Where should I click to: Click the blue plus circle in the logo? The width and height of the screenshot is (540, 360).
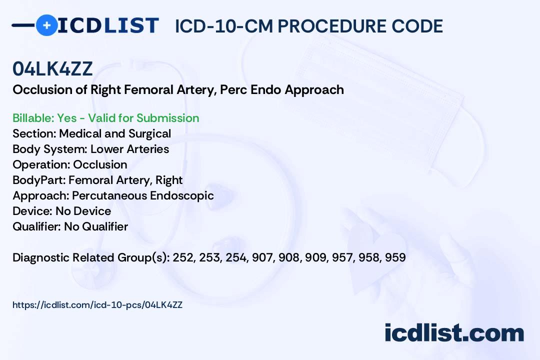[47, 25]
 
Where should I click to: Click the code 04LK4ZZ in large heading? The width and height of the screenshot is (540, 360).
[52, 69]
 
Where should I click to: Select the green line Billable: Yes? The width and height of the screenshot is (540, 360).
[106, 118]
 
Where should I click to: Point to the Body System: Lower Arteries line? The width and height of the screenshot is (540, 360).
[90, 149]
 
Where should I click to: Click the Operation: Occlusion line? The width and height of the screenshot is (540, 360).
[70, 164]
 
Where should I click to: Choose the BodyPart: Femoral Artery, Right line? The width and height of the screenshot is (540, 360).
[97, 180]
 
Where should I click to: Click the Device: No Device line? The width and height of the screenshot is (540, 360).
[61, 211]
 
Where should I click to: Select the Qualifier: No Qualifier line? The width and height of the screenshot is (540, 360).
[70, 226]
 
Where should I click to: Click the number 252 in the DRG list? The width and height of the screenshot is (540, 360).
[182, 258]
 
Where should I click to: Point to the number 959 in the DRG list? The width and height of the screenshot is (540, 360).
[395, 258]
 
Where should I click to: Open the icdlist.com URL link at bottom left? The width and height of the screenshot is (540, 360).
[97, 305]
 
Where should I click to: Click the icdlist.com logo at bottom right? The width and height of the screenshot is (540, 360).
[454, 333]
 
